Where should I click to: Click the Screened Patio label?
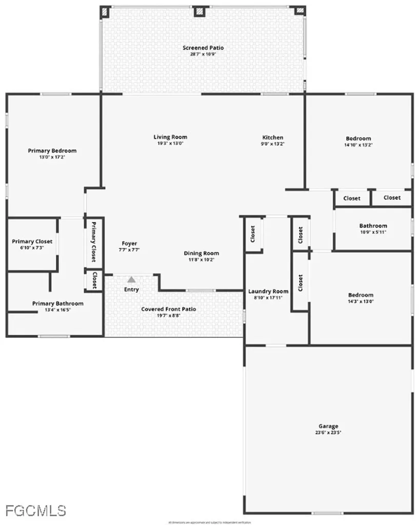203,48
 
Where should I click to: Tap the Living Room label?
170,137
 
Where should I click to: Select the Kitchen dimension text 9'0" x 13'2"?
273,144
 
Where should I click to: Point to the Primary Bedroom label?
52,151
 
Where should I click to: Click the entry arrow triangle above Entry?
132,279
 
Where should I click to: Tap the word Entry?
131,290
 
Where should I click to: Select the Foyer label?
129,244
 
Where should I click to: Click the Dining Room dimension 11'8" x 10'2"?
202,260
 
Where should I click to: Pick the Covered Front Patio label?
169,309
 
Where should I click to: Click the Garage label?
328,426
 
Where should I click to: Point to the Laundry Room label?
269,291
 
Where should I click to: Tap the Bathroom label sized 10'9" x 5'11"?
373,226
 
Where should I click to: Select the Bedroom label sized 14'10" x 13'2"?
358,138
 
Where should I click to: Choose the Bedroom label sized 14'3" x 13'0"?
361,295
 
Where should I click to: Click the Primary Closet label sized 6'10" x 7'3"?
32,241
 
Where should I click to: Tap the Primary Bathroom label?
58,304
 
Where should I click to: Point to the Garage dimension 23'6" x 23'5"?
328,433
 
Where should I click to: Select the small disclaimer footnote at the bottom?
209,522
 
